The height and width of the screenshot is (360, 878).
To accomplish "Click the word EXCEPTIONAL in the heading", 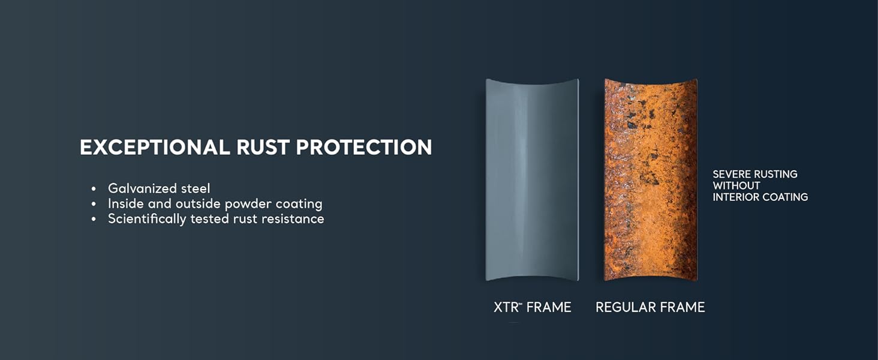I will point(155,148).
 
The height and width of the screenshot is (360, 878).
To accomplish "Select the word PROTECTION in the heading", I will point(364,148).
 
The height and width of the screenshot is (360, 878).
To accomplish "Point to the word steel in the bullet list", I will point(195,188).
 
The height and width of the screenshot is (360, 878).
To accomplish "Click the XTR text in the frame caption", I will point(506,308).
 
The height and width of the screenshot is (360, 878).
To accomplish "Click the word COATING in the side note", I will point(786,197).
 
